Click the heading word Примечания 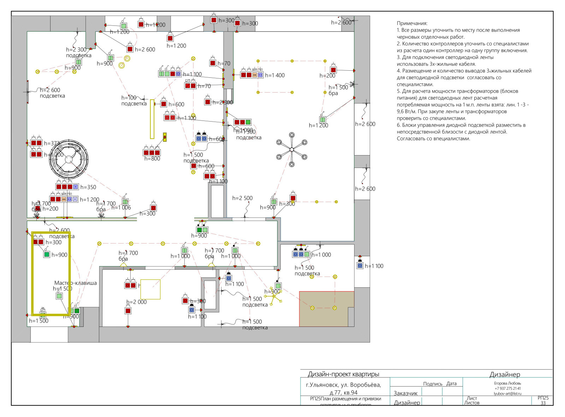point(412,23)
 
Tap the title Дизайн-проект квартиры point(343,374)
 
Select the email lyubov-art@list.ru point(507,393)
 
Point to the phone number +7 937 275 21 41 point(507,388)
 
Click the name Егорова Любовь point(507,383)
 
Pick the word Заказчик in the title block point(405,393)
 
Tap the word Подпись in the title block point(433,384)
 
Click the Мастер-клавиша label point(75,283)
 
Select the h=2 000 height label point(136,302)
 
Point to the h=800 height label point(152,159)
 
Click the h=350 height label point(88,187)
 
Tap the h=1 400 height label point(275,75)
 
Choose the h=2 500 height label point(242,198)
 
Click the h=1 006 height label point(121,207)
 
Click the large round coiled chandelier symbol point(69,159)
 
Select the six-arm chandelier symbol point(292,149)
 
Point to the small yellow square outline point(150,289)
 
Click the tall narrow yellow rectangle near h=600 point(152,119)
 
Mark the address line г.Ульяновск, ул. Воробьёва point(343,385)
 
